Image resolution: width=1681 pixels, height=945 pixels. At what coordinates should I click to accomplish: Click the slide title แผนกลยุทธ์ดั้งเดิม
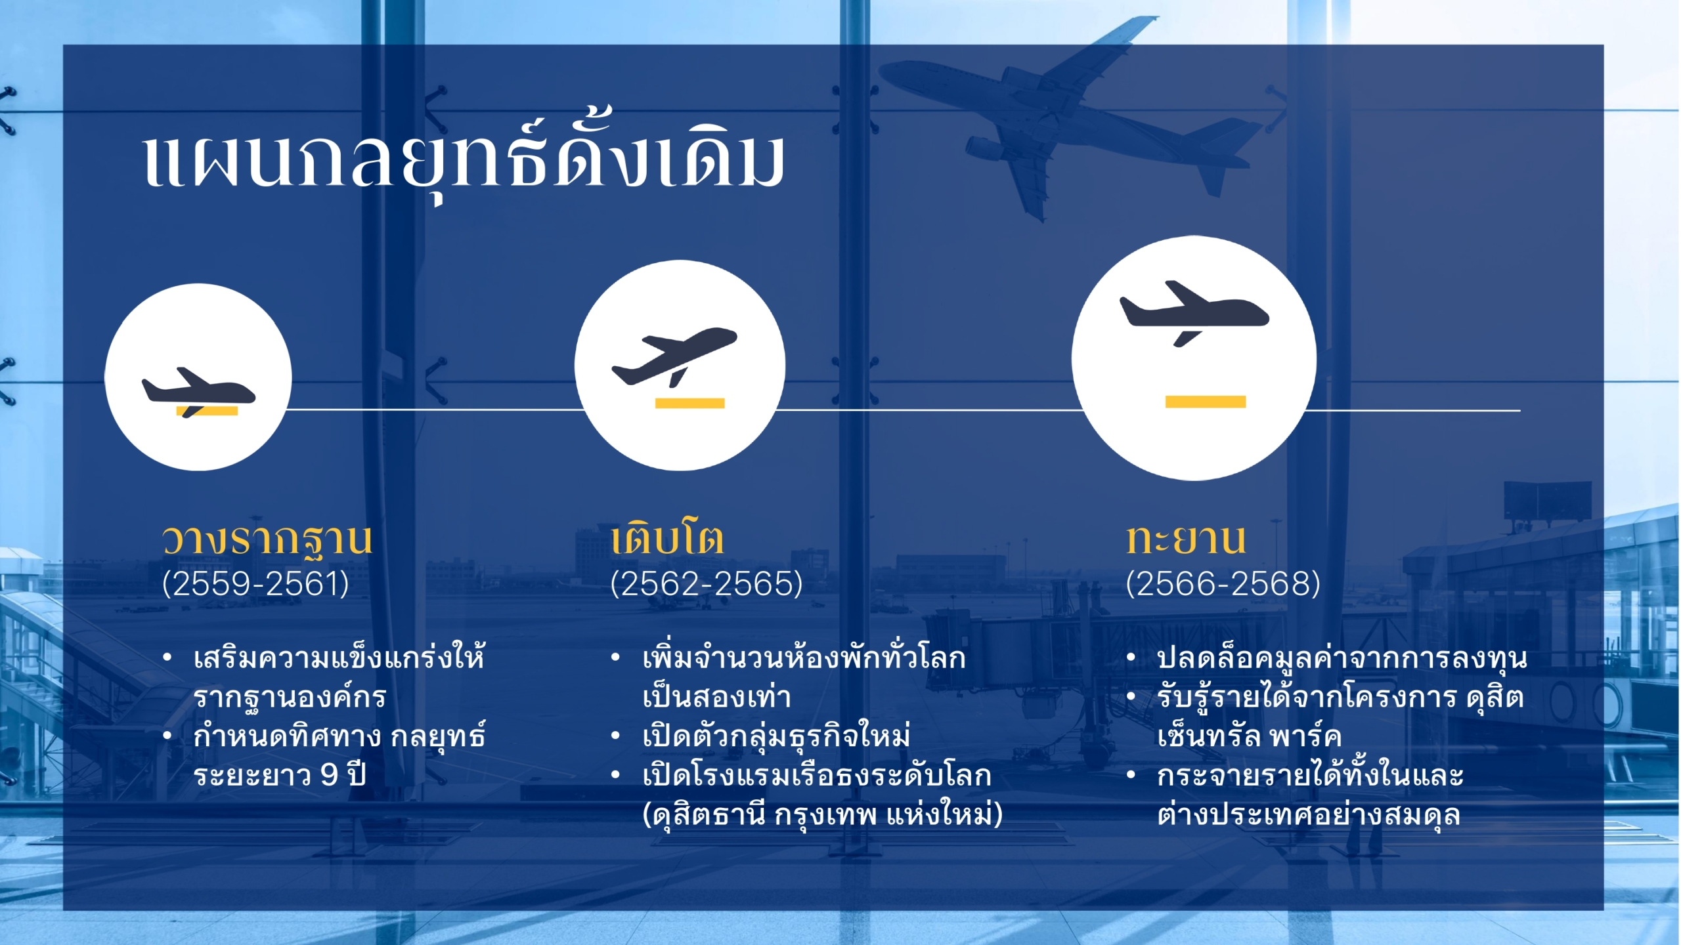(x=464, y=157)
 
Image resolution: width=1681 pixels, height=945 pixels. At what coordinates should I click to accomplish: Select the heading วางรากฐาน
(x=267, y=540)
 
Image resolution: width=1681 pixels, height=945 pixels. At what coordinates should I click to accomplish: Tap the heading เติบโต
(x=667, y=538)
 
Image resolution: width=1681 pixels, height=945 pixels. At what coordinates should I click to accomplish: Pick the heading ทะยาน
(x=1186, y=539)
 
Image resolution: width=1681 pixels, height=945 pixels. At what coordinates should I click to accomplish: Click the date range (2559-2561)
(x=255, y=583)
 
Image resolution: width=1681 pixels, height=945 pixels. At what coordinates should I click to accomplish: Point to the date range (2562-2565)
(x=707, y=583)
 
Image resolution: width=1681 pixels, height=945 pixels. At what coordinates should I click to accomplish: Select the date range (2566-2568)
(x=1223, y=583)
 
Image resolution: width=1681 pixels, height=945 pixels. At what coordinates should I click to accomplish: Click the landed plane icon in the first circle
(x=198, y=392)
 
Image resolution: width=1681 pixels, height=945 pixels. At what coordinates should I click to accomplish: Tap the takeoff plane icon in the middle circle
(x=674, y=356)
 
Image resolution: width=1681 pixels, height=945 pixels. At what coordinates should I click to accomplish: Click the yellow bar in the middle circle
(x=689, y=403)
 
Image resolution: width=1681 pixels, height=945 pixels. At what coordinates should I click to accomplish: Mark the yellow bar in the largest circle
(x=1206, y=402)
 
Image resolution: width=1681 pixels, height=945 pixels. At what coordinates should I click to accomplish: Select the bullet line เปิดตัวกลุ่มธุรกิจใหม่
(x=776, y=735)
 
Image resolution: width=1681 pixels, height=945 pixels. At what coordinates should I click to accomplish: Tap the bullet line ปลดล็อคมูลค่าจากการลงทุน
(x=1342, y=658)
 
